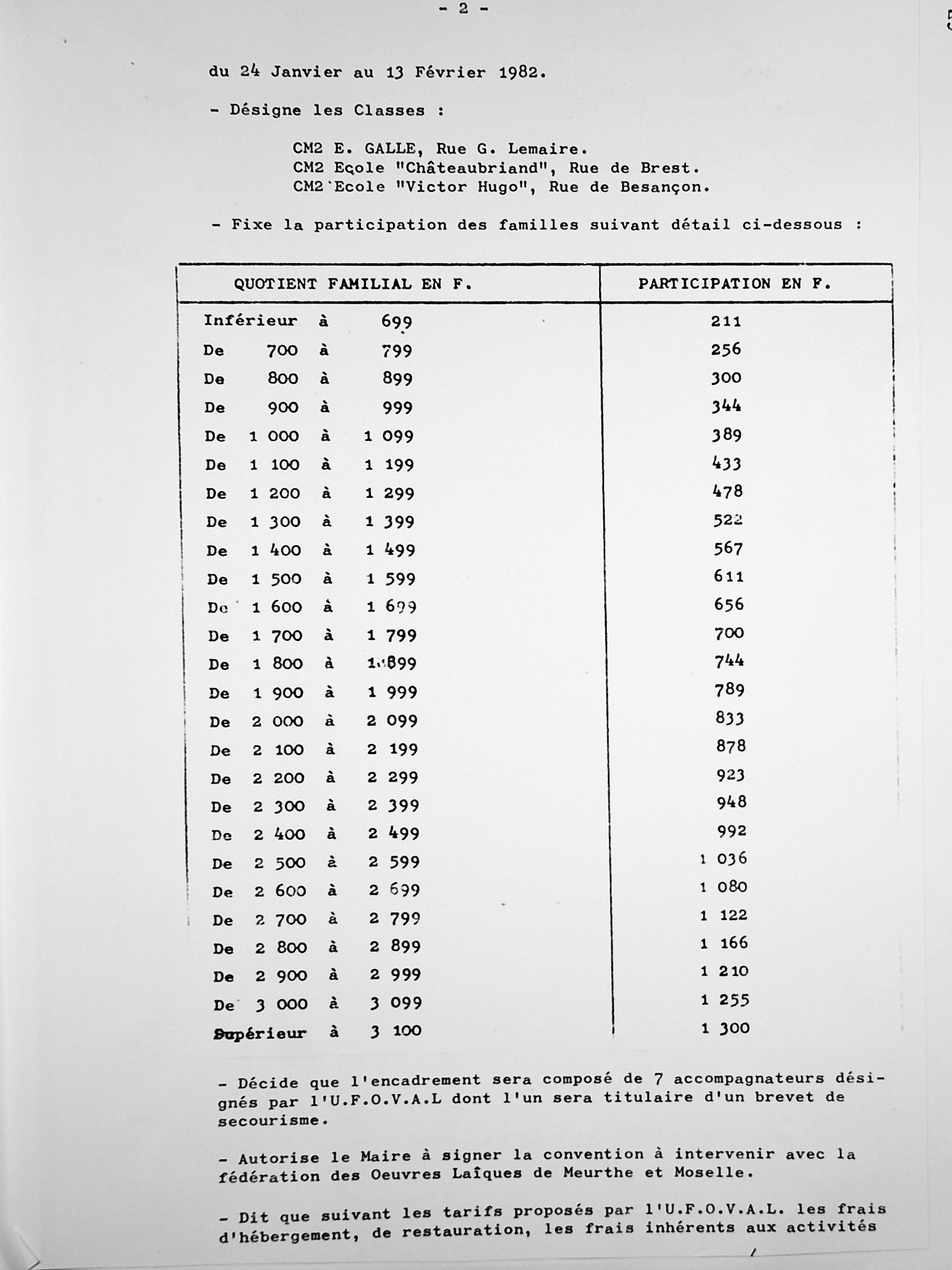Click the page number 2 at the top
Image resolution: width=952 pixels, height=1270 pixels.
coord(463,8)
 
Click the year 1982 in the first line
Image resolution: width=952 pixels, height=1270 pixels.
coord(519,73)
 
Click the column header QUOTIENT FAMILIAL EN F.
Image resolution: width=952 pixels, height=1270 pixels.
coord(352,283)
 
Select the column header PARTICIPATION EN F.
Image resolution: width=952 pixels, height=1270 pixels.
coord(734,283)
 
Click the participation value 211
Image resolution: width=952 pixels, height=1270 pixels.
coord(725,321)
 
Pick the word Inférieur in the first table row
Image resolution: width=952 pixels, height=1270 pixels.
coord(250,321)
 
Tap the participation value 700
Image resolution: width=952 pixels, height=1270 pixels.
coord(729,633)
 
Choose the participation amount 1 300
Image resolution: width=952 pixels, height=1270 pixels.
coord(725,1028)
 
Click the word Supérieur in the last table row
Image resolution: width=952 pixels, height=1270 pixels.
coord(259,1033)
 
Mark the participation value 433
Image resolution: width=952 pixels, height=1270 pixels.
coord(726,463)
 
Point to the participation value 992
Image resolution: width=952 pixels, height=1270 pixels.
coord(731,831)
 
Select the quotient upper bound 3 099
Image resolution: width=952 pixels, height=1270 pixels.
coord(396,1003)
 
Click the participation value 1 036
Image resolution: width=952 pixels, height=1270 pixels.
coord(723,859)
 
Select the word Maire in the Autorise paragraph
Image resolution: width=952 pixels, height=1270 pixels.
coord(378,1157)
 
